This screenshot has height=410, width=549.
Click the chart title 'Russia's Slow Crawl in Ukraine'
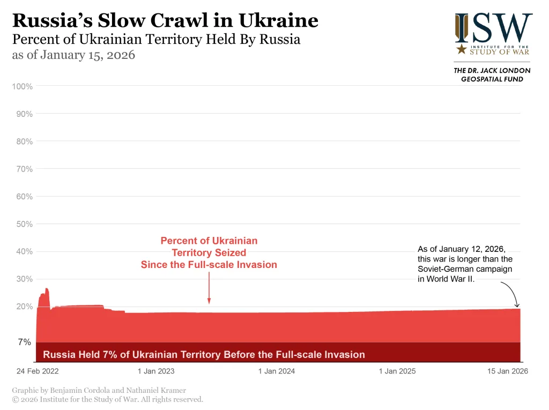tap(165, 20)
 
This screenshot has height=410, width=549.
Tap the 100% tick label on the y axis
tap(22, 86)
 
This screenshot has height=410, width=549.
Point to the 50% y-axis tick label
tap(24, 224)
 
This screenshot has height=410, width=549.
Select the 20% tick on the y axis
tap(24, 307)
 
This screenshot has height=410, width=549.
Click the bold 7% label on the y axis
tap(25, 342)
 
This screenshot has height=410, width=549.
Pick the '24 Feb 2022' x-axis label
tap(38, 371)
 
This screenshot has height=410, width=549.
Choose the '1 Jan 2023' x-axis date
tap(156, 371)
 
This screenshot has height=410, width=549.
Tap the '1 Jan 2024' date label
tap(277, 371)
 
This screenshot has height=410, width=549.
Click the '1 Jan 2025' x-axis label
tap(397, 371)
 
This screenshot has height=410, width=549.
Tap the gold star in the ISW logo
tap(461, 49)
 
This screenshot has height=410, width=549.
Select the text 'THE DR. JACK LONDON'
tap(492, 70)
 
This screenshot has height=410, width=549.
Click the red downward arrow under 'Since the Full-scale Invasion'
tap(209, 300)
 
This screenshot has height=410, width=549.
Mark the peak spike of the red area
tap(47, 289)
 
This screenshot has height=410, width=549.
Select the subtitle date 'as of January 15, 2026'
tap(73, 56)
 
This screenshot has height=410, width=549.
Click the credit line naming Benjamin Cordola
tap(99, 391)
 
